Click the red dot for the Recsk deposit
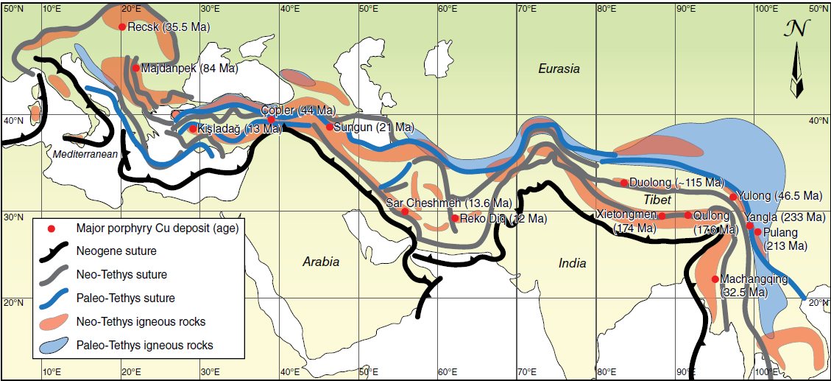(x=122, y=27)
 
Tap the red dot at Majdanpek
(x=136, y=69)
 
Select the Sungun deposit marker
(x=330, y=127)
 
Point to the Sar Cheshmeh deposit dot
(x=405, y=212)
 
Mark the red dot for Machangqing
(x=715, y=279)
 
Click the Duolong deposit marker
(x=624, y=183)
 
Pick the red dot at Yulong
(x=733, y=197)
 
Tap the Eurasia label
(x=559, y=69)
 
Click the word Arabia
(x=321, y=262)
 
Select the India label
(x=572, y=263)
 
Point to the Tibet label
(x=657, y=200)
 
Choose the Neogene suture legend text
(x=116, y=251)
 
